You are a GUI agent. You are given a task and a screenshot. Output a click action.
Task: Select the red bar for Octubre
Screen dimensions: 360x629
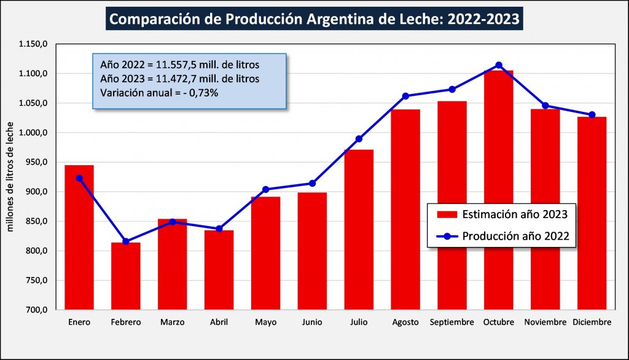498,190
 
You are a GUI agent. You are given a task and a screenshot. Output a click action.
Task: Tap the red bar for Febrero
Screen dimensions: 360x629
126,276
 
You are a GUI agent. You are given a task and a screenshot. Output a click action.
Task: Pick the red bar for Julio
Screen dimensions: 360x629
359,230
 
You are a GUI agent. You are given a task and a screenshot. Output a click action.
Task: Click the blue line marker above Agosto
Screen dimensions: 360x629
405,96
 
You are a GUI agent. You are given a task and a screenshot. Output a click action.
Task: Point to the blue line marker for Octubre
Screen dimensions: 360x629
499,65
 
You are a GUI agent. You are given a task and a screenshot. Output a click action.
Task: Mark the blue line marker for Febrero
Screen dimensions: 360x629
126,241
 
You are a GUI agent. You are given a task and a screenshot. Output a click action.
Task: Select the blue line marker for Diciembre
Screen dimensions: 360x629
592,115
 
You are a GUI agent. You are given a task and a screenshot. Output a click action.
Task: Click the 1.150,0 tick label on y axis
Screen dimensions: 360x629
33,44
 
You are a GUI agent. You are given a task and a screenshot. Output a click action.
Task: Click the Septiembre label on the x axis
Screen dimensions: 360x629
451,323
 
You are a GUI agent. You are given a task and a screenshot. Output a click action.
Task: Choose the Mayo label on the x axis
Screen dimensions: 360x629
265,323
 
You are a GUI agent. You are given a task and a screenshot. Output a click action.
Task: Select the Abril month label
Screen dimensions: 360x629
219,323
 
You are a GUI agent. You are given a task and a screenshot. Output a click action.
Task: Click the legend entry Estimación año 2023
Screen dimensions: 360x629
501,214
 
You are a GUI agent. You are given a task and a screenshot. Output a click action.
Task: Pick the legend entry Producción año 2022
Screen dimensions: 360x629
501,235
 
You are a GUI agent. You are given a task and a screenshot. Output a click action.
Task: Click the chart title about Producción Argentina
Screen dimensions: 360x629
314,20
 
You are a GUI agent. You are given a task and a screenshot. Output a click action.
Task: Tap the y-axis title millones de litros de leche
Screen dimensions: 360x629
10,177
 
